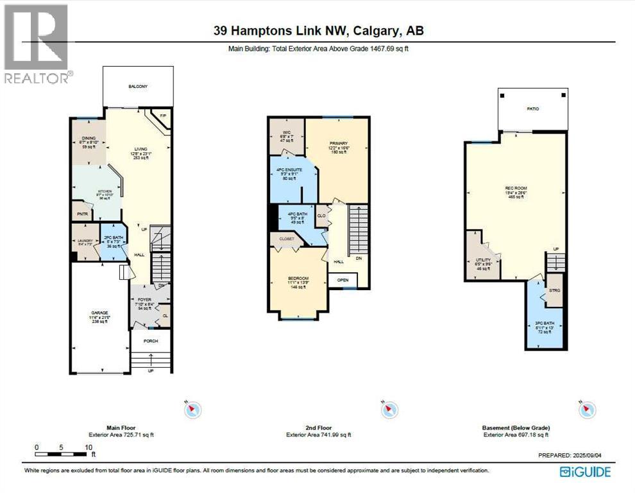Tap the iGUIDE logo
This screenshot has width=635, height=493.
tap(585, 472)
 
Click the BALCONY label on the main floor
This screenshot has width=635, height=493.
tap(138, 86)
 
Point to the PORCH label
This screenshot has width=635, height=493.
tap(151, 341)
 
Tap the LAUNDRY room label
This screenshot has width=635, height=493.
tap(84, 241)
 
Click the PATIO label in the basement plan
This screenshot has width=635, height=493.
tap(532, 109)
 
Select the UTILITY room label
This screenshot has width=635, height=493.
tap(482, 263)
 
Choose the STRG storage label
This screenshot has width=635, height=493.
tap(554, 290)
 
